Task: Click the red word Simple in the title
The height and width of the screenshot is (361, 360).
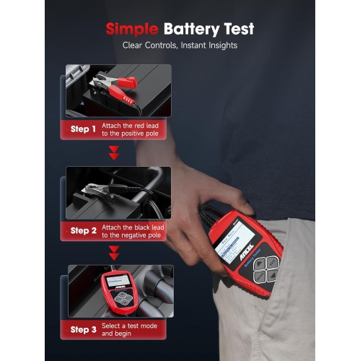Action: (x=132, y=30)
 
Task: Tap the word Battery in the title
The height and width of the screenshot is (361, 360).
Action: (x=188, y=30)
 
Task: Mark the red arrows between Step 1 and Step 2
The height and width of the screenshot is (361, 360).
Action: (x=113, y=154)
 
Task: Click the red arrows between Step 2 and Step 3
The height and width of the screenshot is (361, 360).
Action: (x=113, y=253)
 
